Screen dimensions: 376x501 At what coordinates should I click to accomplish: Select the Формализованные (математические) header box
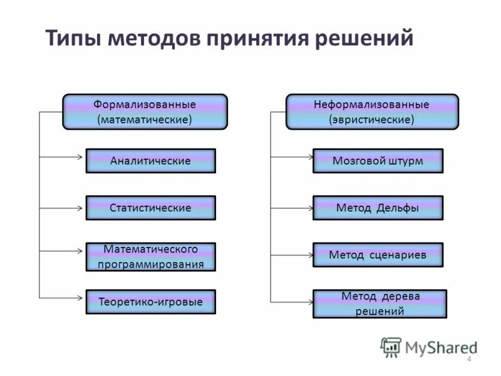pos(145,112)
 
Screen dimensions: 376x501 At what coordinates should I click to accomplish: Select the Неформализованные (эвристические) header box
pos(372,112)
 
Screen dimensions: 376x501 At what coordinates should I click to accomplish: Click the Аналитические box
pos(150,161)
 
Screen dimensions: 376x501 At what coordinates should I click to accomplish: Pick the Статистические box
pos(150,207)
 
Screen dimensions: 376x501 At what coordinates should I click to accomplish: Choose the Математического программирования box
pos(150,257)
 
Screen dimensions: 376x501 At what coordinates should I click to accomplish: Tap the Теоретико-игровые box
pos(150,301)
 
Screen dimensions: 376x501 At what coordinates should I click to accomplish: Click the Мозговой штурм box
pos(378,161)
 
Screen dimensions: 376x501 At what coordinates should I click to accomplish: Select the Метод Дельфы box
pos(378,207)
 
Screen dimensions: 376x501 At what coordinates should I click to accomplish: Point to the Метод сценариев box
pos(378,255)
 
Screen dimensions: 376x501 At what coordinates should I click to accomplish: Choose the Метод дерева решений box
pos(380,304)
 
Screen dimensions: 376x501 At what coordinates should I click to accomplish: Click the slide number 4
pos(468,358)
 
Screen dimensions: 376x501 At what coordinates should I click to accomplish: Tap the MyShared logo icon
pos(391,347)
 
